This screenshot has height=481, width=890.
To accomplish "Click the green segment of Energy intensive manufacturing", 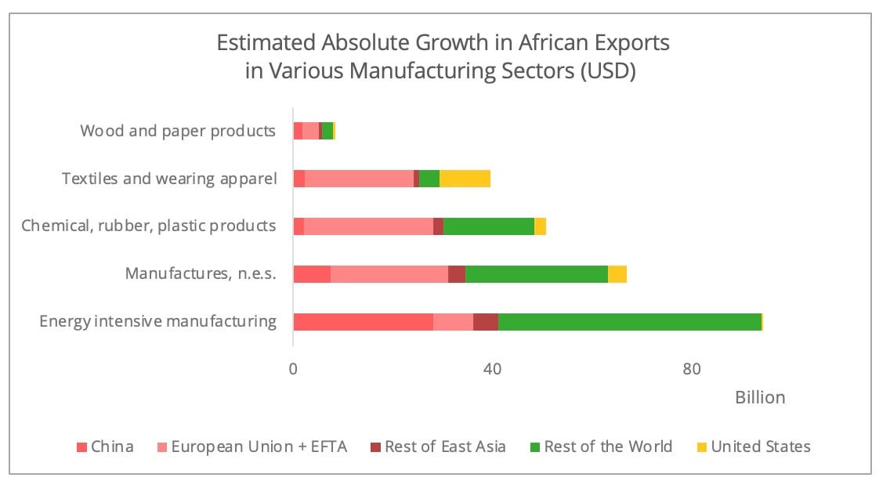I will pyautogui.click(x=630, y=322).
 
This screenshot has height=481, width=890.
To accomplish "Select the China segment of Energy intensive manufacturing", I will pyautogui.click(x=363, y=322).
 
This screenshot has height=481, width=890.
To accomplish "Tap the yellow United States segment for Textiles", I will pyautogui.click(x=465, y=179).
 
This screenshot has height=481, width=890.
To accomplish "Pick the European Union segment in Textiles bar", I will pyautogui.click(x=359, y=179).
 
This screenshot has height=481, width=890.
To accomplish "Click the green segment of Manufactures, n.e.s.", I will pyautogui.click(x=537, y=274).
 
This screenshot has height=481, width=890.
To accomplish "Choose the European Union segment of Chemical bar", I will pyautogui.click(x=368, y=226).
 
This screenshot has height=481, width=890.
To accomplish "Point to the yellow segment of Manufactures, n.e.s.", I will pyautogui.click(x=617, y=274).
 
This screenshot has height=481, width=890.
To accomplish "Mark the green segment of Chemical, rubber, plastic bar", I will pyautogui.click(x=489, y=226).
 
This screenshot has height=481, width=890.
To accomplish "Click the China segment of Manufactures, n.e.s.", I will pyautogui.click(x=312, y=274).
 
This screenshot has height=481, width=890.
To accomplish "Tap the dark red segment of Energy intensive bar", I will pyautogui.click(x=486, y=322).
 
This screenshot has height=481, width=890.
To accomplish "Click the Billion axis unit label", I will pyautogui.click(x=759, y=398).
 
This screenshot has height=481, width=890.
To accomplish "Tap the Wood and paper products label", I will pyautogui.click(x=178, y=131).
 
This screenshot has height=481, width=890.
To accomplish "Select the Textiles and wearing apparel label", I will pyautogui.click(x=169, y=179).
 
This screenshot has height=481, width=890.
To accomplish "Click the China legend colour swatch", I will pyautogui.click(x=81, y=447).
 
